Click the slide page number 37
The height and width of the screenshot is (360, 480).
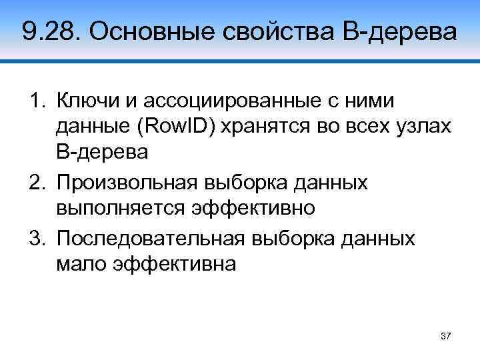446,335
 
